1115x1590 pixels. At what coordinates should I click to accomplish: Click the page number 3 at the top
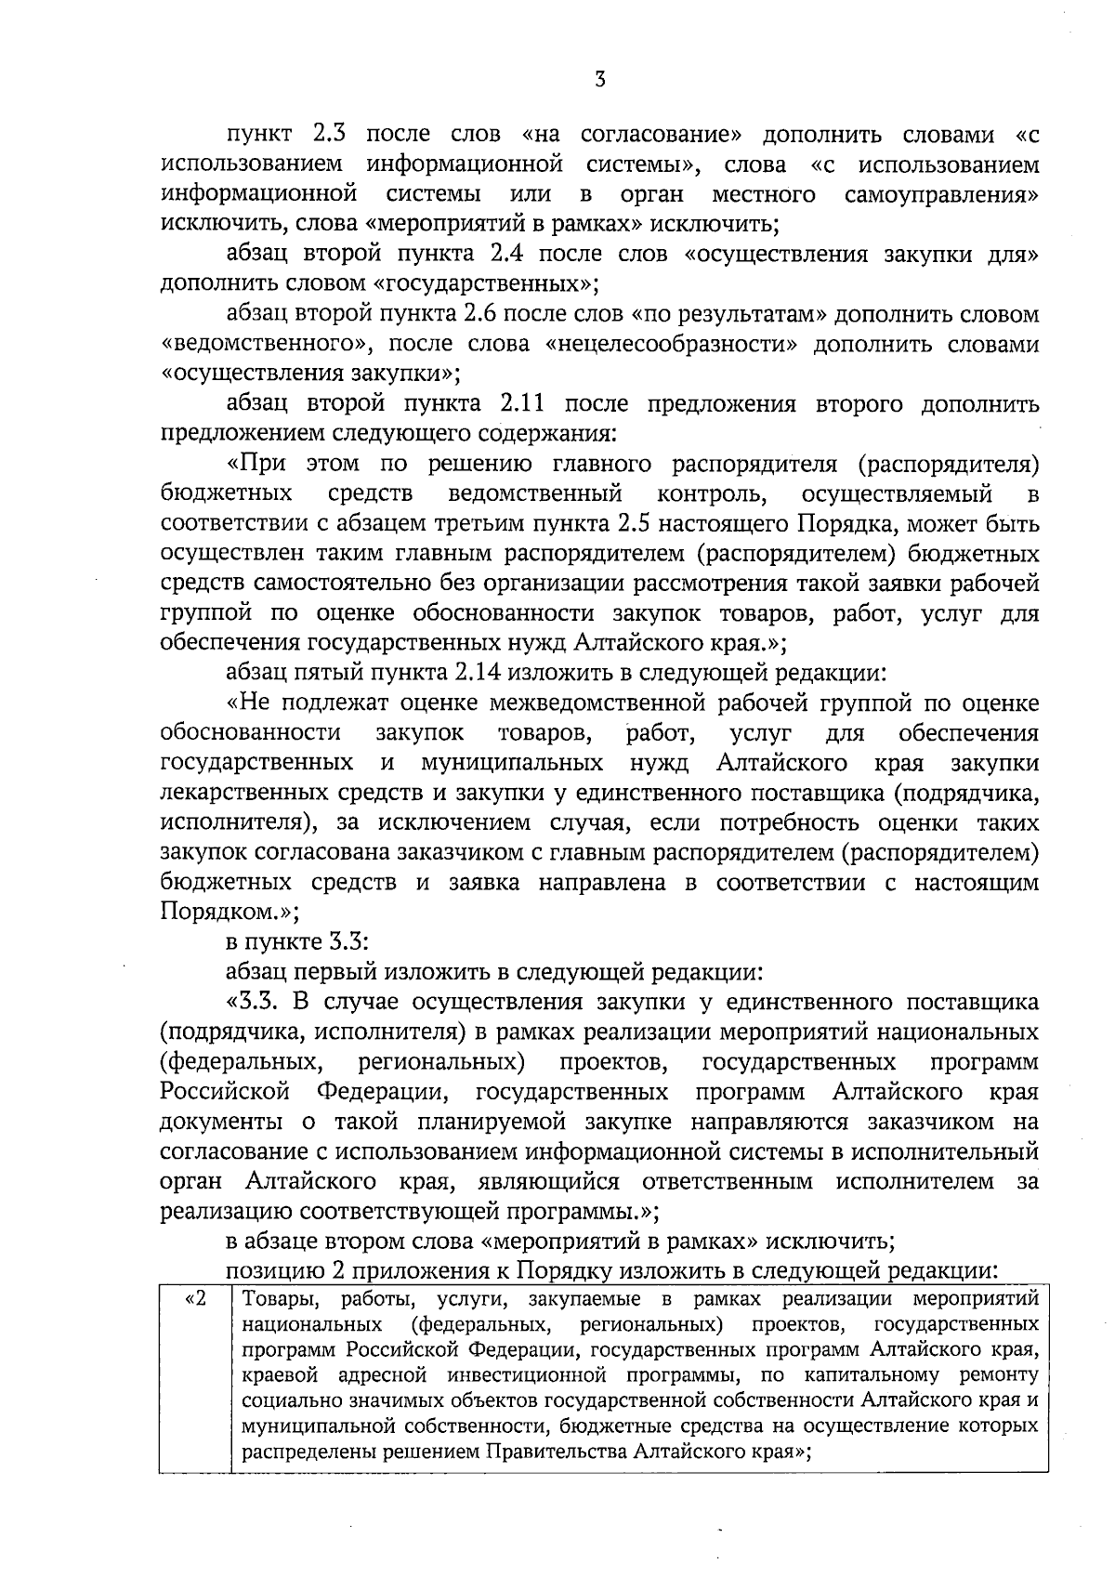tap(600, 80)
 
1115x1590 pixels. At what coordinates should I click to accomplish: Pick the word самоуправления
tap(941, 194)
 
